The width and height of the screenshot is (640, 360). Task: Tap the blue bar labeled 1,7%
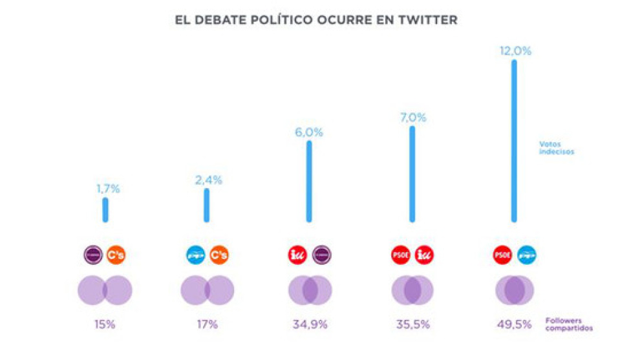pos(105,209)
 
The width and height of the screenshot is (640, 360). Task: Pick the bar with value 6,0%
pos(309,181)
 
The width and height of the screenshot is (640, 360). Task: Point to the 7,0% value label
pos(412,118)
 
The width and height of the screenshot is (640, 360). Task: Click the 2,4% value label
pos(208,180)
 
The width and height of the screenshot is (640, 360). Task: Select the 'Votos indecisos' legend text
pos(557,148)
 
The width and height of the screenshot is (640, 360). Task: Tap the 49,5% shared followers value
pos(515,324)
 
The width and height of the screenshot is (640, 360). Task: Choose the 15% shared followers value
pos(105,324)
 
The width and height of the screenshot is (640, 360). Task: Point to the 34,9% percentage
pos(310,324)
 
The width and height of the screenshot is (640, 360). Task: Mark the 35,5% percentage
pos(412,324)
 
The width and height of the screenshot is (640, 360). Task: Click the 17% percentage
pos(207,324)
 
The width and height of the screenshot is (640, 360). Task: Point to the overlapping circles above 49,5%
pos(515,290)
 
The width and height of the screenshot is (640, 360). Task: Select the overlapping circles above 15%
pos(105,290)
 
